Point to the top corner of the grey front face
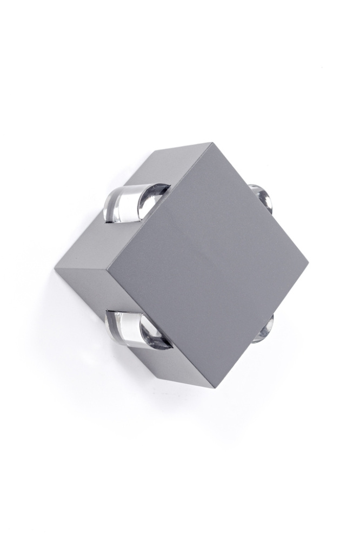(x=211, y=143)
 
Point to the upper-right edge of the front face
(x=259, y=203)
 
